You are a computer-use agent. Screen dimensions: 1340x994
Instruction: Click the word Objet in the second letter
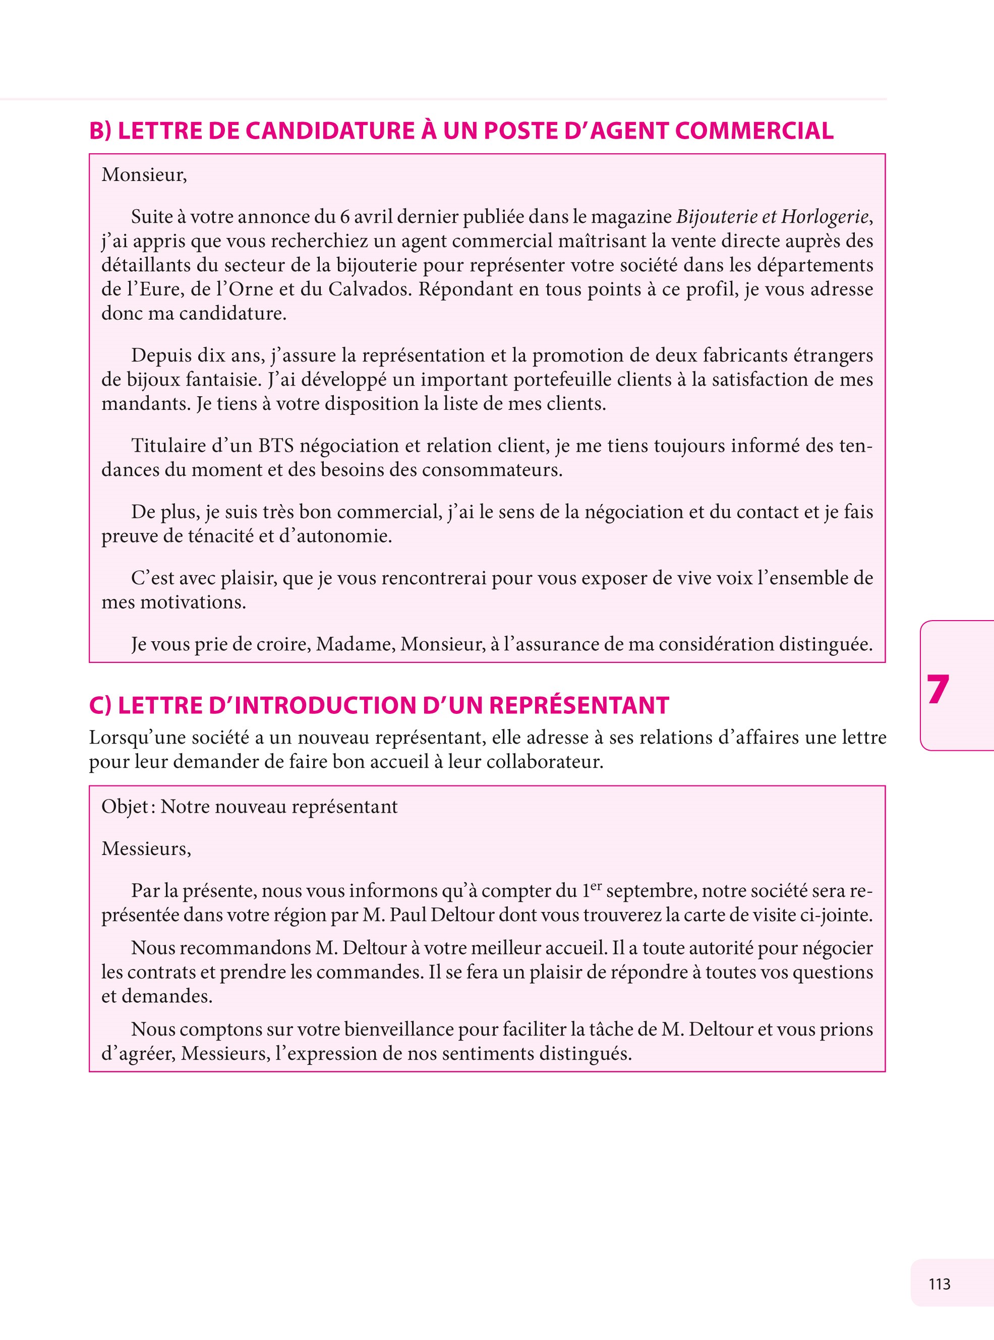(x=125, y=807)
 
